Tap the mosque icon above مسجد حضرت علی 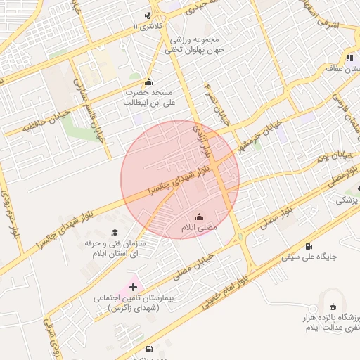[x=148, y=82]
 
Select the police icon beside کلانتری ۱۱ [x=147, y=15]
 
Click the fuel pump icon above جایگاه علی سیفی [x=309, y=246]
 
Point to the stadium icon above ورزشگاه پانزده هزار [x=333, y=307]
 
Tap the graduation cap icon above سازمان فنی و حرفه [x=115, y=232]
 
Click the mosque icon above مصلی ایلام [x=199, y=217]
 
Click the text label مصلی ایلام [x=200, y=229]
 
